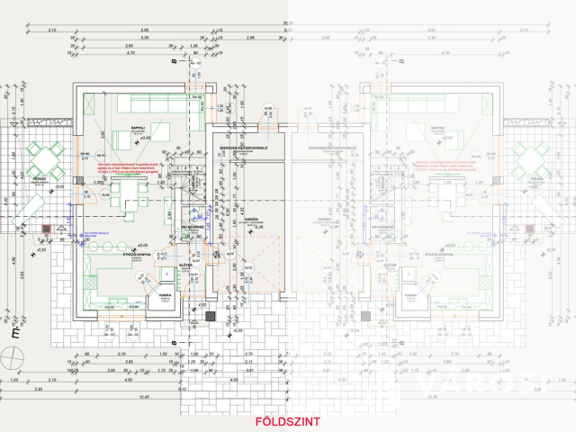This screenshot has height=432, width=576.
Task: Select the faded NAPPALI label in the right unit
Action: [x=438, y=129]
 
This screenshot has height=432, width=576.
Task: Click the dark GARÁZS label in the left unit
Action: [x=252, y=219]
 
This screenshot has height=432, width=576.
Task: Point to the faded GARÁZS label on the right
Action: [x=325, y=219]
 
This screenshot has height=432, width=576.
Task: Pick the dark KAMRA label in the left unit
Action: [x=164, y=294]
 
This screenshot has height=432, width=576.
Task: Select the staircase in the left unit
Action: [x=190, y=179]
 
